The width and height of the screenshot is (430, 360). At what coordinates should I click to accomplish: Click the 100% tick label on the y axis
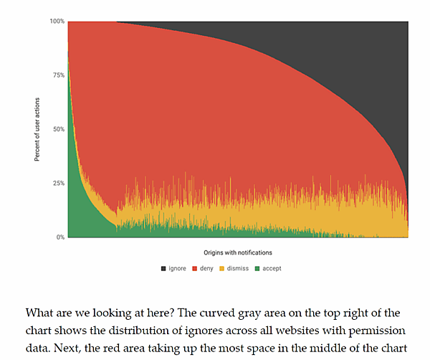point(57,22)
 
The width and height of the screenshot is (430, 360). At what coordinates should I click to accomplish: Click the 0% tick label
point(60,237)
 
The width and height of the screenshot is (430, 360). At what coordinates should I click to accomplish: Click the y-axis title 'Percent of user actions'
point(37,129)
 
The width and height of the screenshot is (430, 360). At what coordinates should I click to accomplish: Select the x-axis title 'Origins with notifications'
point(237,252)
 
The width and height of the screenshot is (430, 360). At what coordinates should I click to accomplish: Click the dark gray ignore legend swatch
point(164,268)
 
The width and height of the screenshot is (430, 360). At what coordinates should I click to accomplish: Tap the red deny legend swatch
point(194,268)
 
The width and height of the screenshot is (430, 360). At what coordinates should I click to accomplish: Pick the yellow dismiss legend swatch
point(222,268)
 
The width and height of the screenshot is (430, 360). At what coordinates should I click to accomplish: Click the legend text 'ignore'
point(177,268)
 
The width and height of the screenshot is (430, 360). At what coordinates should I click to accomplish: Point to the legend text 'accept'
point(272,268)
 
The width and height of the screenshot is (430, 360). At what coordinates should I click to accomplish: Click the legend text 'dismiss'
point(237,268)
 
